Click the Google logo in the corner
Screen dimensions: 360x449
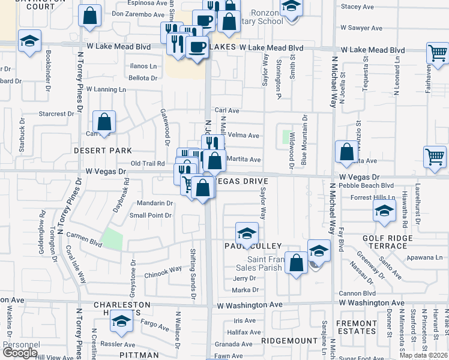pos(20,353)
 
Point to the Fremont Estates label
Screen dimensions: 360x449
pos(357,327)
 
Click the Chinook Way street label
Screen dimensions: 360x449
pos(163,270)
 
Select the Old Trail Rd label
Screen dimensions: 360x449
pos(148,163)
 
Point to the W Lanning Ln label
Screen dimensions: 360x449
pos(106,89)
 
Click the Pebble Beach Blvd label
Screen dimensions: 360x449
pos(367,186)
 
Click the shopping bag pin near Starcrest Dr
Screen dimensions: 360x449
pos(104,122)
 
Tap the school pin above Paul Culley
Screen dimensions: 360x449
pos(246,233)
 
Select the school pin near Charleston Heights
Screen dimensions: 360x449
pos(121,323)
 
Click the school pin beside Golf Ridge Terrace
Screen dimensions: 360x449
pos(384,211)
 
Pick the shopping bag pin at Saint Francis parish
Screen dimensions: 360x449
pos(296,263)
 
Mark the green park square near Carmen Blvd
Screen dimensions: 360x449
pos(112,239)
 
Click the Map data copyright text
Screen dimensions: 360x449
pos(424,355)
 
